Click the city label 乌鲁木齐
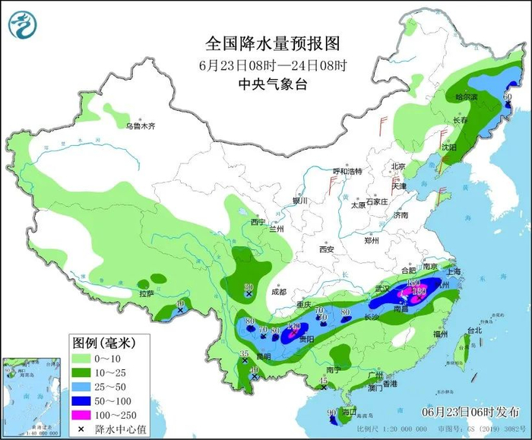click(x=141, y=126)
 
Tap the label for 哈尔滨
click(x=464, y=97)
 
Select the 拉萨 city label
click(x=147, y=293)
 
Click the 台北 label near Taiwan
click(x=474, y=331)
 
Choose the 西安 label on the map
click(x=327, y=248)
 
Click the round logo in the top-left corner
click(x=23, y=25)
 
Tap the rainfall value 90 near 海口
click(x=331, y=413)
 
